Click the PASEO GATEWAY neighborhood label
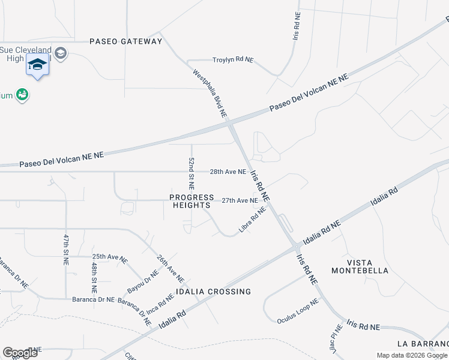[x=125, y=41]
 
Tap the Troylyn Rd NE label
[x=233, y=60]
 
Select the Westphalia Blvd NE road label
[x=209, y=93]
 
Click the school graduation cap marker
[x=37, y=64]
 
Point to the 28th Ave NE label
[x=228, y=172]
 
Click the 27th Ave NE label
[x=240, y=200]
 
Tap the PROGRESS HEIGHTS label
[x=191, y=201]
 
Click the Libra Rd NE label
[x=252, y=220]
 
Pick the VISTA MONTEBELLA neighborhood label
[x=368, y=267]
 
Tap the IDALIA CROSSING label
[x=213, y=292]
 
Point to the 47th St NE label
[x=66, y=250]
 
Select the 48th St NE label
[x=94, y=273]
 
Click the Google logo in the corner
[x=20, y=352]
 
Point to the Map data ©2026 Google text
[x=412, y=355]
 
